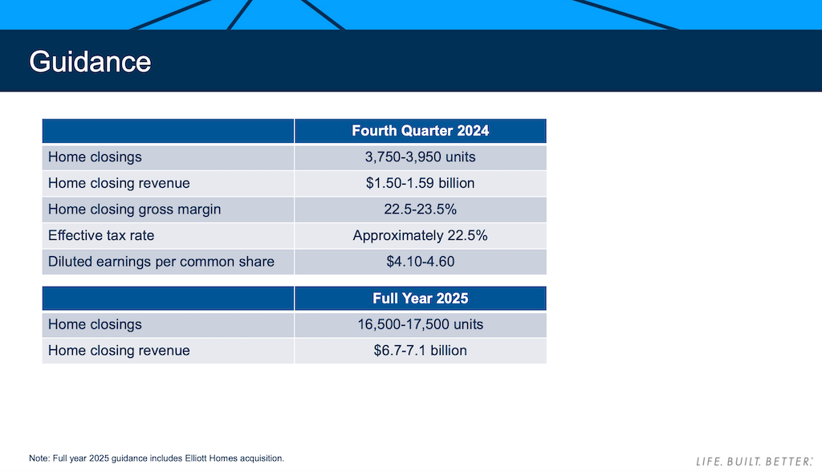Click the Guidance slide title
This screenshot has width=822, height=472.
(x=90, y=62)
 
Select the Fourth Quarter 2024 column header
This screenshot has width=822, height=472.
(x=420, y=131)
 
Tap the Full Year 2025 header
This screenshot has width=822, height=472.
(x=420, y=299)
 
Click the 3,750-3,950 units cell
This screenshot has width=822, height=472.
(x=420, y=157)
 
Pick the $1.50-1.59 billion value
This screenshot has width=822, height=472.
(x=420, y=183)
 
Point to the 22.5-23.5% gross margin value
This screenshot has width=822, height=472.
(x=420, y=210)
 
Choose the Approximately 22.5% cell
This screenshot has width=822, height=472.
(x=420, y=236)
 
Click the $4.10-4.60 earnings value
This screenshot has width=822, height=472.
(x=420, y=262)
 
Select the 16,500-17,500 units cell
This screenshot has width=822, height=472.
(x=420, y=324)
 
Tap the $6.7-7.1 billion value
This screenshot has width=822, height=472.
(x=420, y=351)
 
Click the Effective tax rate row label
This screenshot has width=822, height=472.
(x=101, y=236)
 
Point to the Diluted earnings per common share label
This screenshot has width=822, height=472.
(x=161, y=262)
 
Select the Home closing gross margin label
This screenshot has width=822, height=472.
(x=134, y=210)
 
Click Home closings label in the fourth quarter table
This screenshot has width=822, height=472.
(x=95, y=157)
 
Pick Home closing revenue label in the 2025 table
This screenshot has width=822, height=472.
(x=119, y=351)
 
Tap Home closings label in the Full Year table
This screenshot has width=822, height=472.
(x=95, y=324)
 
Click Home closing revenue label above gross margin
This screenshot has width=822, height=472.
(x=119, y=183)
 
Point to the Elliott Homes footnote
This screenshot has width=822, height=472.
(x=157, y=458)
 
